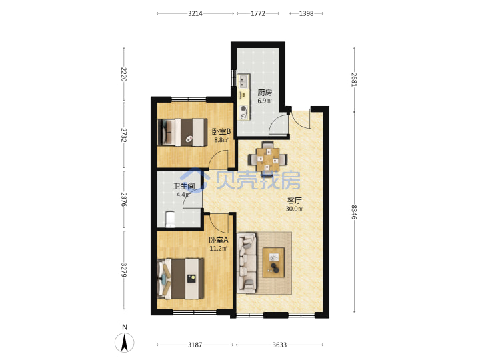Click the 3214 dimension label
(x=195, y=13)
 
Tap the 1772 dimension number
(x=258, y=13)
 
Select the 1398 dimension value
(x=306, y=13)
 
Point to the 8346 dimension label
(x=354, y=212)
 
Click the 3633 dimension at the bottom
(x=279, y=345)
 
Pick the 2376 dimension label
(x=124, y=199)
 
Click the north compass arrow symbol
(x=124, y=343)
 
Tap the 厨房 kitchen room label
(x=265, y=93)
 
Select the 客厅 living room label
(x=295, y=201)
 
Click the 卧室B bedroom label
(x=221, y=132)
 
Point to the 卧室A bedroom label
(x=219, y=240)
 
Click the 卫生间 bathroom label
(x=184, y=186)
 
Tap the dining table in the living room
(x=268, y=159)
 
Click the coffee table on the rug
(x=273, y=263)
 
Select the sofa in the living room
(x=247, y=262)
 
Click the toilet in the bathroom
(x=170, y=219)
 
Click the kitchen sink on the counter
(x=243, y=81)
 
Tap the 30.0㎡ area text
(x=295, y=209)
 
